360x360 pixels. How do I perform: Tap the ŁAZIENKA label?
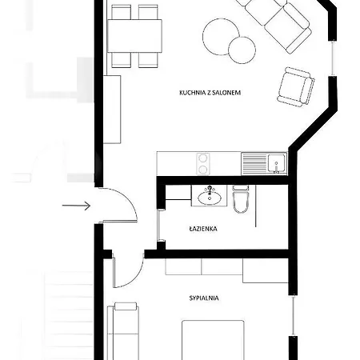coord(204,228)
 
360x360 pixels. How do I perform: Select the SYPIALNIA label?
coord(204,298)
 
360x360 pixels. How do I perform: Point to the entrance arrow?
coord(76,206)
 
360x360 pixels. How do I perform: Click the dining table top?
coord(134,35)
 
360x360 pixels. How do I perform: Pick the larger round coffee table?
coord(220,34)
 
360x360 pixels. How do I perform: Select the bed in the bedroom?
coord(212,340)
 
